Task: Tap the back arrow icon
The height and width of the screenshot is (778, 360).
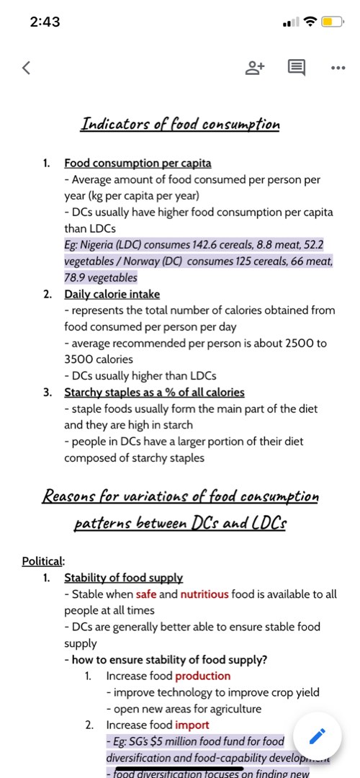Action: (x=27, y=68)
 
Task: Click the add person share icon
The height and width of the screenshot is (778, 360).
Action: (x=256, y=68)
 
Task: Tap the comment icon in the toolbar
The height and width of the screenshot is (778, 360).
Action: (x=296, y=68)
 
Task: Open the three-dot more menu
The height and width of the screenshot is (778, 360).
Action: (x=337, y=68)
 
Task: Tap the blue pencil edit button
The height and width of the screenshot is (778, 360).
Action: (x=318, y=736)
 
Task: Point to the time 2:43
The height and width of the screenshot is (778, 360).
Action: (x=45, y=22)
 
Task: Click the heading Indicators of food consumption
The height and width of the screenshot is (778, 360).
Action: (x=180, y=124)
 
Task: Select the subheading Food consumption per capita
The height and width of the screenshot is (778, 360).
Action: (x=138, y=164)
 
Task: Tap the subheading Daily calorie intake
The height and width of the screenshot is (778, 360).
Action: (x=112, y=294)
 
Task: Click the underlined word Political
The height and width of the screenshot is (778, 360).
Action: (x=43, y=561)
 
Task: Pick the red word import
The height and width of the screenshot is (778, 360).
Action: (x=192, y=725)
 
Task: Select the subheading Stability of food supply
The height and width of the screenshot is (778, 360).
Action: (x=123, y=578)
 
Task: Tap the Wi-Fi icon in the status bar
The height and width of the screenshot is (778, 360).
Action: (x=310, y=22)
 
